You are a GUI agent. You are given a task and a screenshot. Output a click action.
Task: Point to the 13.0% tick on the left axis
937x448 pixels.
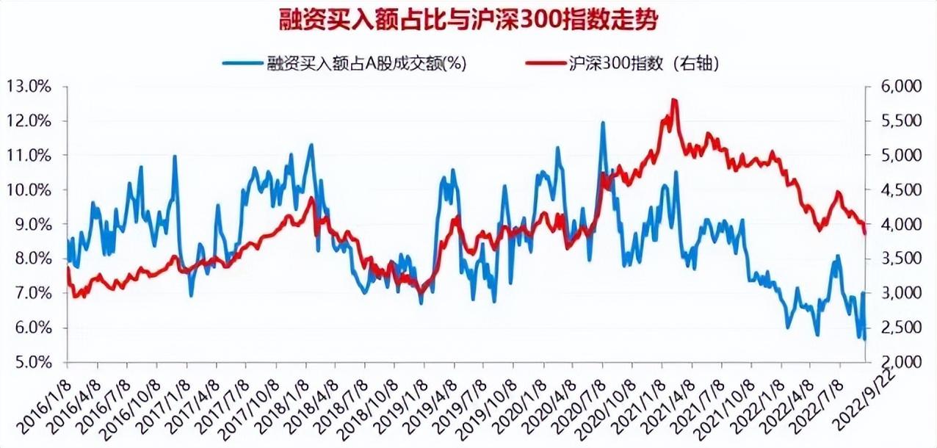(29, 87)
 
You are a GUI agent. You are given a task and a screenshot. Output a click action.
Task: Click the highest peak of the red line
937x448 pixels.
(673, 100)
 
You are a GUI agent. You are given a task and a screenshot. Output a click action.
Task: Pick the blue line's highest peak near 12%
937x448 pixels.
(603, 123)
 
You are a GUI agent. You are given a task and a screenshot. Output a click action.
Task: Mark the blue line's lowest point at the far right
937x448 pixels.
(864, 339)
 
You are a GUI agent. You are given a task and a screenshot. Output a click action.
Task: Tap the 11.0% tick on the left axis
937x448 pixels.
(29, 156)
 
